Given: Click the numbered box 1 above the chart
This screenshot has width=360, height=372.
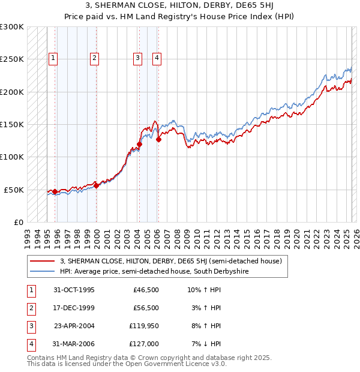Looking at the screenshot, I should pos(53,58).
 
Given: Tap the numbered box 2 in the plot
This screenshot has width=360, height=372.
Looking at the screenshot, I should pos(95,58).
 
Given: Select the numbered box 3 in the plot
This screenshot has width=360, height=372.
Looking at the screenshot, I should pos(138,58).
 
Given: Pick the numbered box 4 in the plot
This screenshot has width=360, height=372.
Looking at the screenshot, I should pos(157,58).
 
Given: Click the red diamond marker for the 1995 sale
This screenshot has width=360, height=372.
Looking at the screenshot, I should pos(55,192).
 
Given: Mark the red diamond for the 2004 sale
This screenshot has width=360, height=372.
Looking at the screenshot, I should pos(139,144).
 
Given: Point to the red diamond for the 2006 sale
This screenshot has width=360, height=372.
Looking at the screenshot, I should pos(158,139).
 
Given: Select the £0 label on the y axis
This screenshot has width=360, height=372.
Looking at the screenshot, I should pos(18,222).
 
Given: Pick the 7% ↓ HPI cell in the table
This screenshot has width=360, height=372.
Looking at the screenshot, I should pos(206,345).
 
